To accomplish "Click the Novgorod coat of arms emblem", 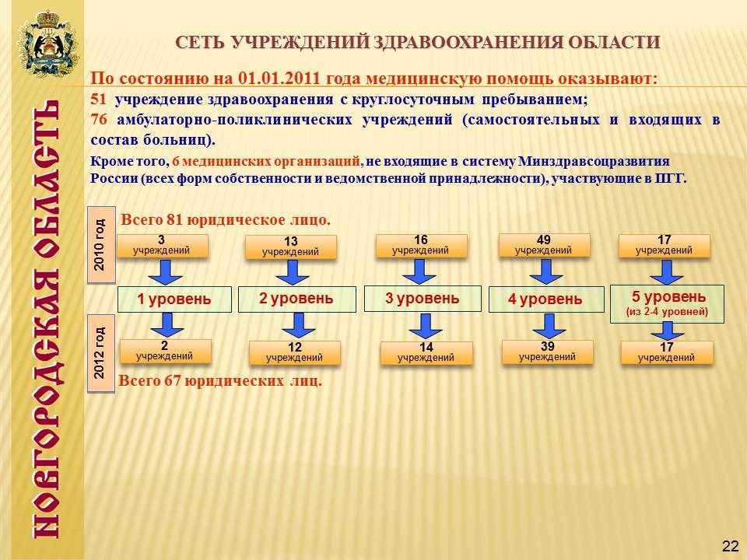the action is pos(47,43).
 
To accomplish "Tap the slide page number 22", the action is pos(730,546).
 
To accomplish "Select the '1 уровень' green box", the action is pos(174,299).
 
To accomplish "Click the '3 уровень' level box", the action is pos(423,299).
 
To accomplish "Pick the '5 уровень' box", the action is pos(667,304).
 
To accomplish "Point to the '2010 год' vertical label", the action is pos(101,245).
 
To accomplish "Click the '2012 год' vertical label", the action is pos(100,353).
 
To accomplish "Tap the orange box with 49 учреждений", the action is pos(544,246).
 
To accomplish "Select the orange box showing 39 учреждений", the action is pos(547,352).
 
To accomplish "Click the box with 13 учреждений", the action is pos(290,247).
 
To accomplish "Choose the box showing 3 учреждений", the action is pos(162,246).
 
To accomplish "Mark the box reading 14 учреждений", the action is pos(426,353).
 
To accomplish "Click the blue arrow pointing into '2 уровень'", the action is pos(293,273).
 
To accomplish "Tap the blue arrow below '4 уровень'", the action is pos(549,326).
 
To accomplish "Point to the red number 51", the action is pos(98,100).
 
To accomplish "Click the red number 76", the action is pos(99,120).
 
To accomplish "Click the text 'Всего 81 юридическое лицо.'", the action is pos(226,220).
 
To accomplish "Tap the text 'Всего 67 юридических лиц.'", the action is pos(220,381).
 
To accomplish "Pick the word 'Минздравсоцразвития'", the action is pos(594,162).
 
